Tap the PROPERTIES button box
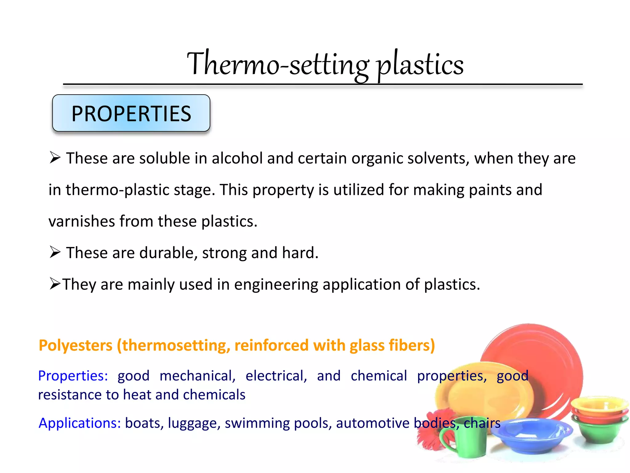[131, 113]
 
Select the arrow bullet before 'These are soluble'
[55, 158]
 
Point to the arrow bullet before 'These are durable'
[55, 253]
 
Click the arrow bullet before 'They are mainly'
[55, 284]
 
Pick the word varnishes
[82, 221]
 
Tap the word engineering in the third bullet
[276, 284]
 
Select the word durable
[168, 253]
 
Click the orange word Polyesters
[76, 345]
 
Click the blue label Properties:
[73, 376]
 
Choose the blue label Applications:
[80, 423]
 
